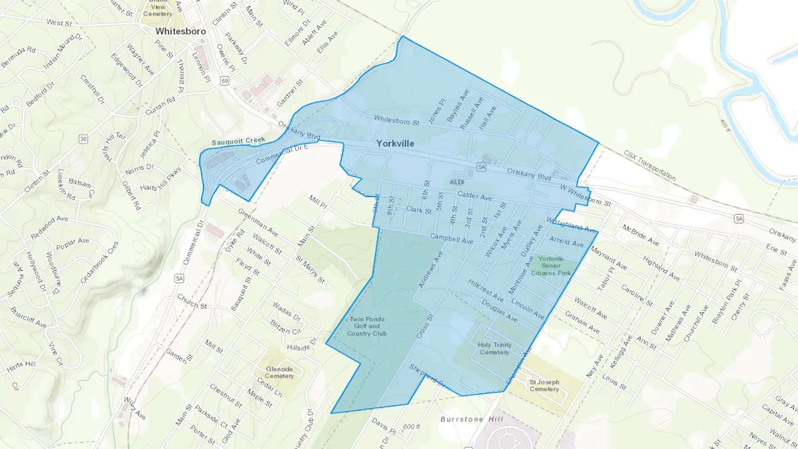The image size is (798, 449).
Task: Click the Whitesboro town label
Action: point(180,31)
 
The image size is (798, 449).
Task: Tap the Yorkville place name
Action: point(395,144)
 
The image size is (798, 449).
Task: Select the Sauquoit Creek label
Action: point(239,141)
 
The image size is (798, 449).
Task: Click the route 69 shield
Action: point(225,81)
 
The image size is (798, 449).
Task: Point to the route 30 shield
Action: point(83,139)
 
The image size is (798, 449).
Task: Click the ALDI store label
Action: point(457,182)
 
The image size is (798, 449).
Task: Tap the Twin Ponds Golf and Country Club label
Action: point(367,326)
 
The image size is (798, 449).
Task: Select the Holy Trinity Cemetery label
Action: point(494,348)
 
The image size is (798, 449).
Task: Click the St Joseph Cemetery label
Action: point(544,386)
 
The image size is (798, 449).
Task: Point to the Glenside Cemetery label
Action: point(279,372)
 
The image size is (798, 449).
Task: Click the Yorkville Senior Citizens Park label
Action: point(551,265)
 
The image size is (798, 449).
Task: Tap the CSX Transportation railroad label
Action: point(649,166)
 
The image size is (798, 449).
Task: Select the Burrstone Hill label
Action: point(472,419)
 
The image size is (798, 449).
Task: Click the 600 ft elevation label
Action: point(411,427)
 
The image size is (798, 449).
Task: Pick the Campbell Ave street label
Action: point(451,238)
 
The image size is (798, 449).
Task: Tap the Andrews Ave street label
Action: point(430,269)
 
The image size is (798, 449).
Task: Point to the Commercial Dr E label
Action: point(282,154)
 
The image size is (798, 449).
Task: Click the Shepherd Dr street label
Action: point(427,376)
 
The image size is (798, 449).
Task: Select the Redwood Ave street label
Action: point(49,227)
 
